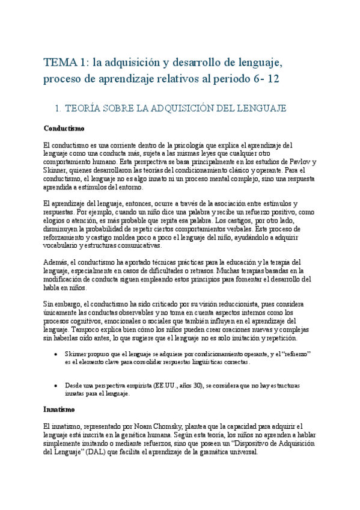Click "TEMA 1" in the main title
[x=63, y=62]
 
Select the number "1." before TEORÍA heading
[x=58, y=108]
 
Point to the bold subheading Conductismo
[x=64, y=128]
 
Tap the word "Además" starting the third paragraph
[x=57, y=262]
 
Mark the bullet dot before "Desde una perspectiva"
[x=56, y=385]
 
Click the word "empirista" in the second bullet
[x=133, y=385]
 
